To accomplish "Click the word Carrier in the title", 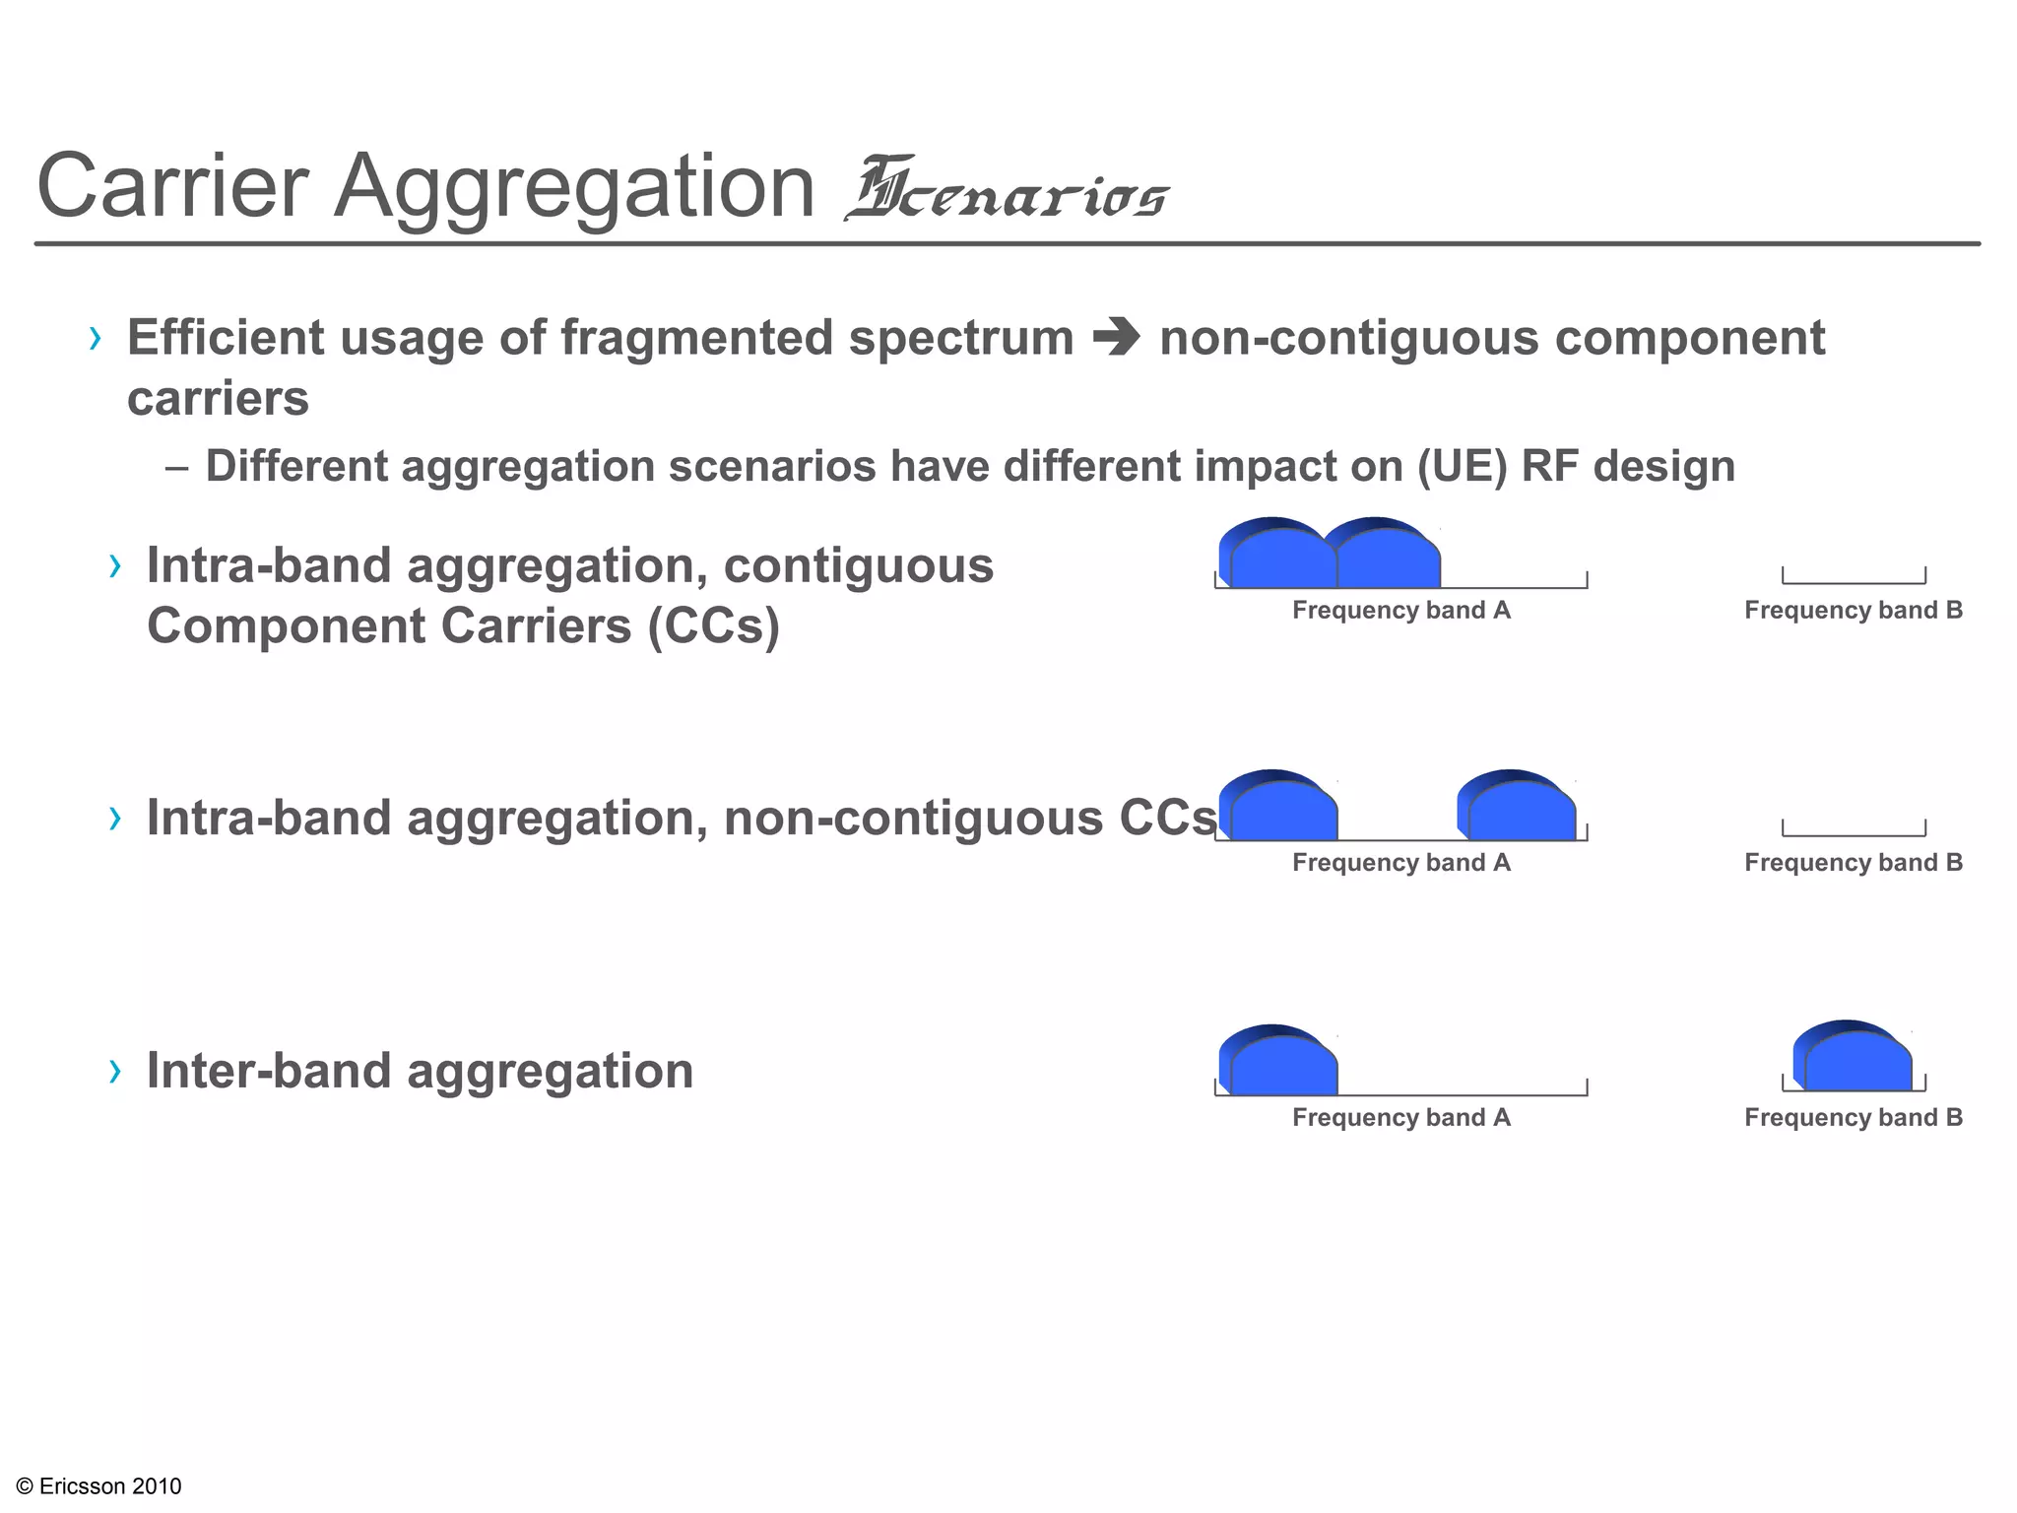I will [173, 187].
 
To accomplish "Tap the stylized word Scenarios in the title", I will [1007, 191].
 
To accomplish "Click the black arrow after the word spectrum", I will [1116, 338].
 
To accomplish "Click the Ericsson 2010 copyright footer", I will [99, 1486].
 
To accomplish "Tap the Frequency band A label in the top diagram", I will [1400, 611].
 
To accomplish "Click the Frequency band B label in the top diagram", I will [1853, 611].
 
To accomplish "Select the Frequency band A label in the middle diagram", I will [1400, 863].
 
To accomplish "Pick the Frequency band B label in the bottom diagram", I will [1853, 1118].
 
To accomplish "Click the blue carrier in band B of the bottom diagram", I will [1852, 1058].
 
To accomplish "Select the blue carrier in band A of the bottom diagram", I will [1278, 1062].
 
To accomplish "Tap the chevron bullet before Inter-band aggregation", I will [116, 1071].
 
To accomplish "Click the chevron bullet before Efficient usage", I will [96, 339].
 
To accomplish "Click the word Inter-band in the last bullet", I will [269, 1071].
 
